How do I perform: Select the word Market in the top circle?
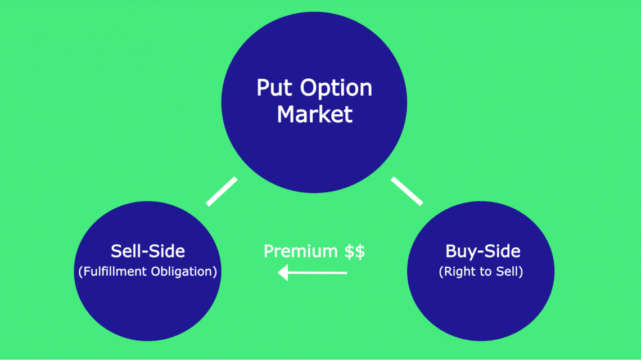[314, 114]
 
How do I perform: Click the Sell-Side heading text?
[148, 251]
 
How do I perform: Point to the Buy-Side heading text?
[482, 251]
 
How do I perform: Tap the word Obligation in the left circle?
[183, 271]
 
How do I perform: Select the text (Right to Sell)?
[481, 271]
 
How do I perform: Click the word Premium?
[301, 251]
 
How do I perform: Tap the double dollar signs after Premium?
[355, 251]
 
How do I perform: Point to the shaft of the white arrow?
[318, 273]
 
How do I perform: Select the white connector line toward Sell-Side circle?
[222, 192]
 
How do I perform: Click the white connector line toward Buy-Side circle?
[407, 191]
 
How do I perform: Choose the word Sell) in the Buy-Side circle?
[509, 271]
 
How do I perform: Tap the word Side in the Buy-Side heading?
[503, 251]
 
